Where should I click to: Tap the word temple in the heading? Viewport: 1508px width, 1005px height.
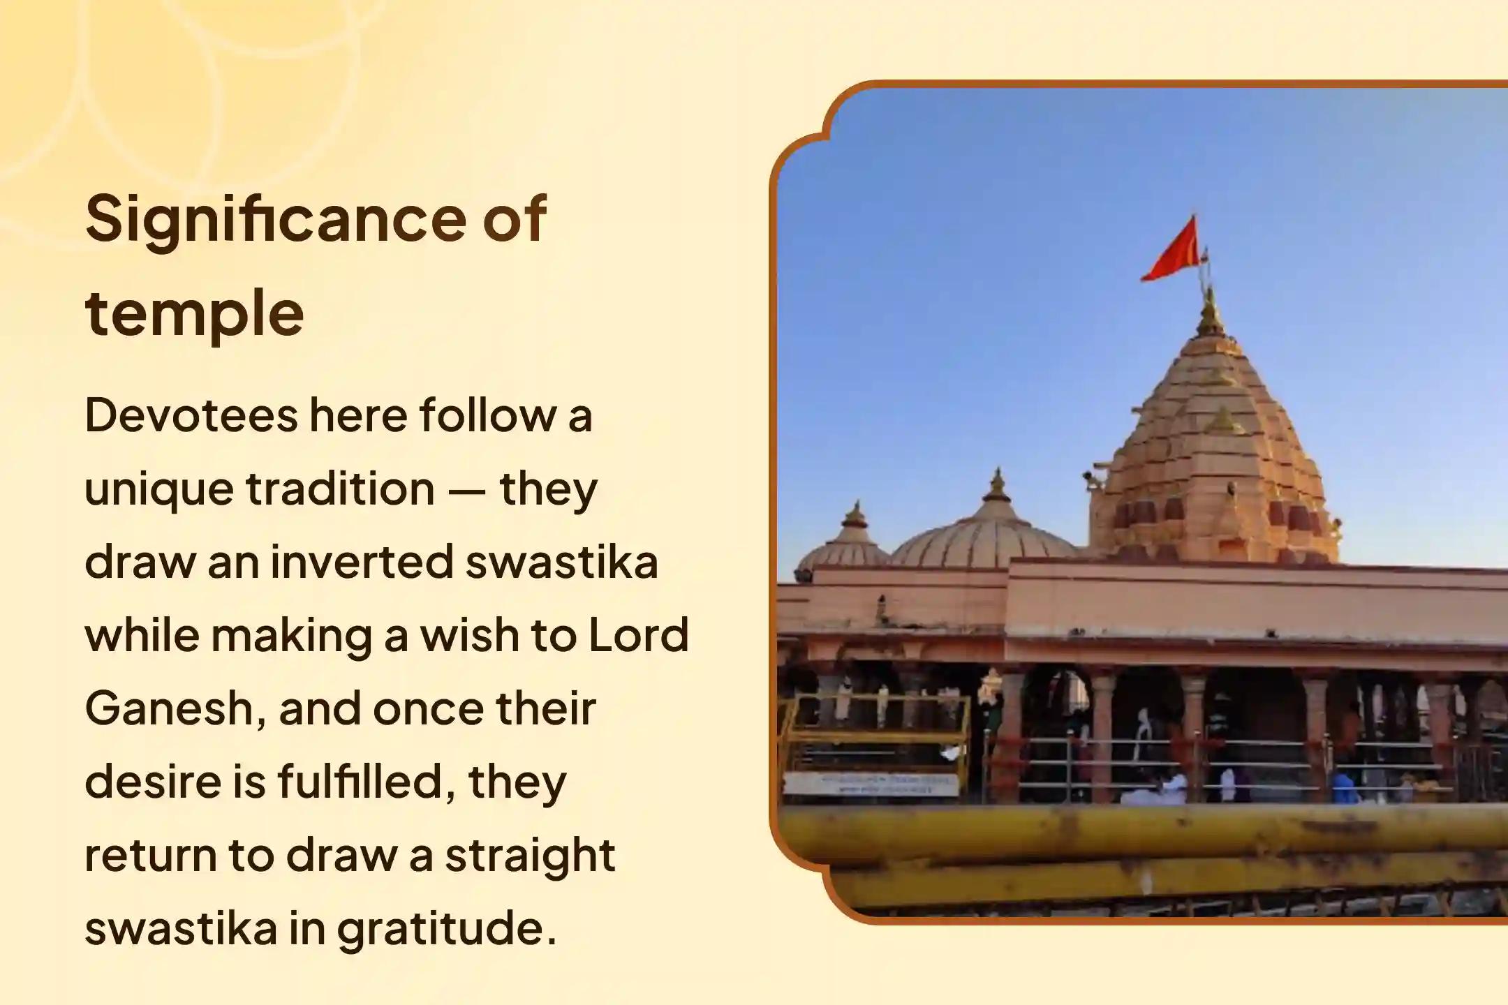[194, 314]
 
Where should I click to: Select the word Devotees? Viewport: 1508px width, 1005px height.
[191, 415]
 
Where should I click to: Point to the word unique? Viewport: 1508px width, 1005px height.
[159, 491]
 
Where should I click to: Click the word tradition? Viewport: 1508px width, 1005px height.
[341, 489]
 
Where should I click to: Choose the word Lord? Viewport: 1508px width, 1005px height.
[638, 635]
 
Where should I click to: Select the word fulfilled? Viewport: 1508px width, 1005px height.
[366, 782]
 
